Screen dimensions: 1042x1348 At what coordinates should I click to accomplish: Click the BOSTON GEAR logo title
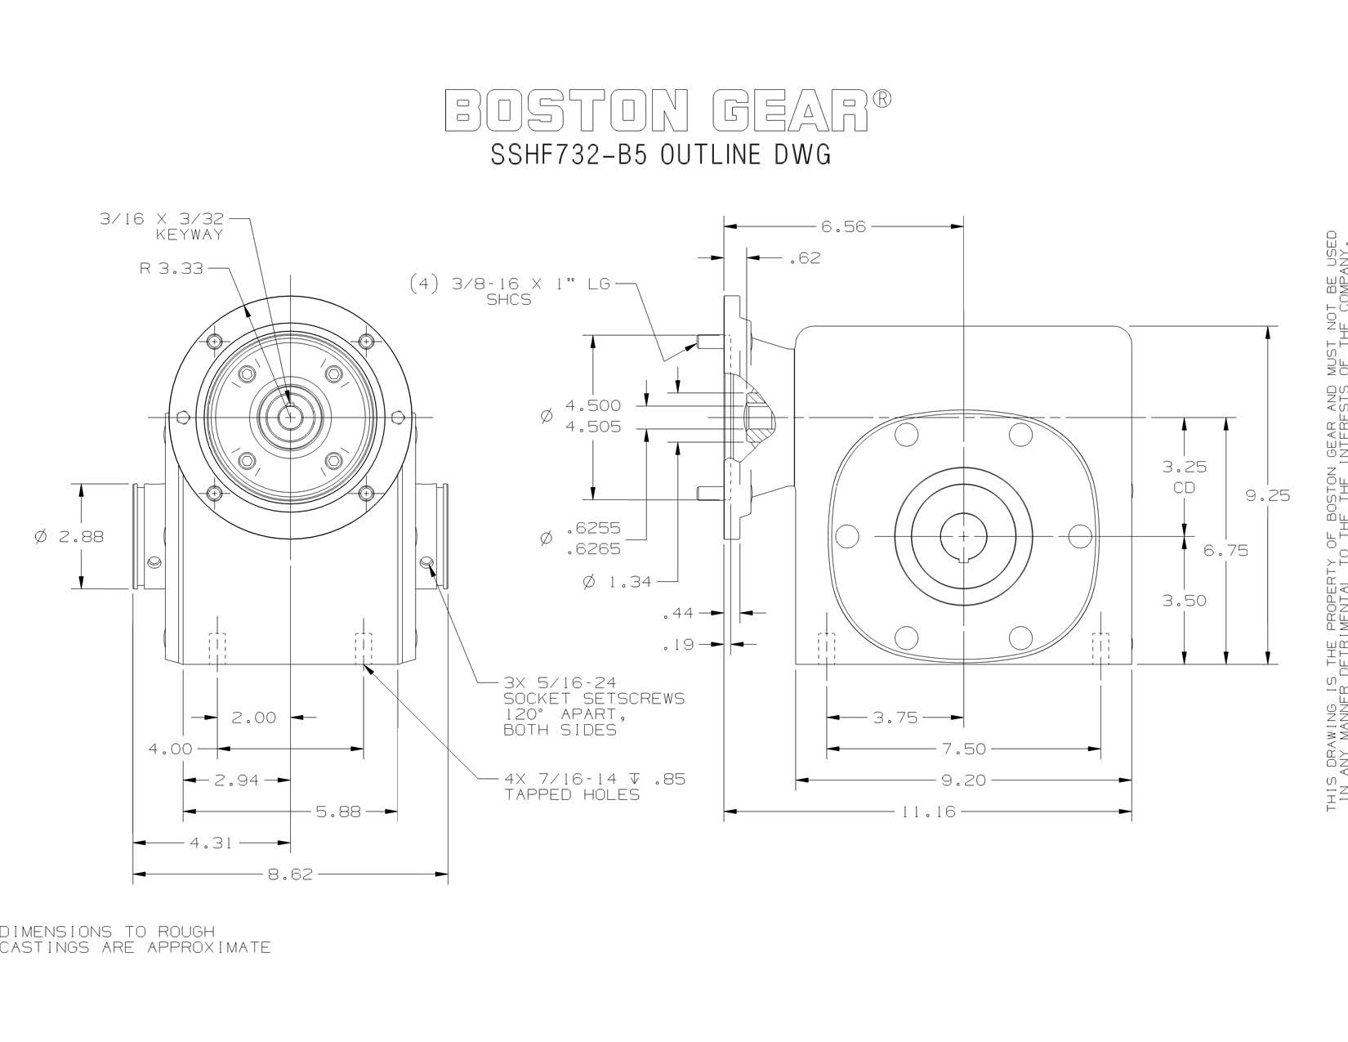(x=668, y=110)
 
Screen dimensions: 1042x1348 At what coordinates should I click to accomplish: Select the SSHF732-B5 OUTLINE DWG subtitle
(x=660, y=154)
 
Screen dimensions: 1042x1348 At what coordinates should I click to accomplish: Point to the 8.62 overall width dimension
(x=290, y=874)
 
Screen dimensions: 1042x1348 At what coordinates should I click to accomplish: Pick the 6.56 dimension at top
(x=843, y=227)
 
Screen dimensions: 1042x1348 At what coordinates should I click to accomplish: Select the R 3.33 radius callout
(x=171, y=267)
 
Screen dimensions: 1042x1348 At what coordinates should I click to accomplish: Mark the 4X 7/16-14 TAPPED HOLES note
(x=594, y=786)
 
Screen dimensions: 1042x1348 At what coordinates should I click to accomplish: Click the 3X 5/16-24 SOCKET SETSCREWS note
(x=593, y=706)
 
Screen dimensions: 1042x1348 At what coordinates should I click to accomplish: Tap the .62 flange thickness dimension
(x=805, y=258)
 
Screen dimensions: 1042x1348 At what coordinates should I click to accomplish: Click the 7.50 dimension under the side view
(x=964, y=749)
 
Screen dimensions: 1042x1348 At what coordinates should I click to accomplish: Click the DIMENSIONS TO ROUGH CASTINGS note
(x=135, y=940)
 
